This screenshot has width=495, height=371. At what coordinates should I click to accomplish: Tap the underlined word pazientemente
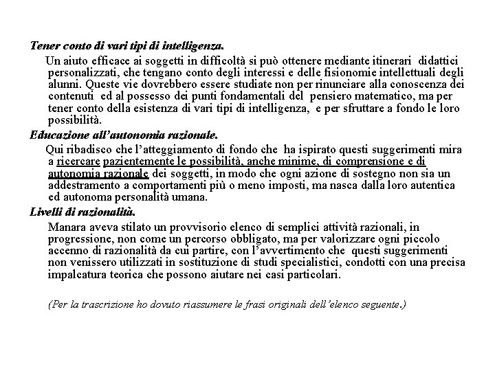coord(135,161)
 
